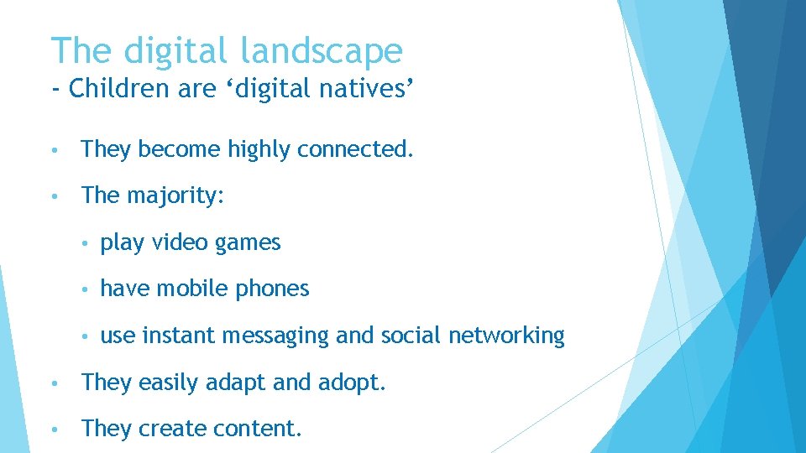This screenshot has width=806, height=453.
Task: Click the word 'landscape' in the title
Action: click(322, 52)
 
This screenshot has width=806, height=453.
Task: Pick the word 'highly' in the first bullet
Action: click(259, 150)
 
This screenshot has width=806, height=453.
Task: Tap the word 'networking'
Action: click(506, 336)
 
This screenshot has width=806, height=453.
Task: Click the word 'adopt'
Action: click(350, 383)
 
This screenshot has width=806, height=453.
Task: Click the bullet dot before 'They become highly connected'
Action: click(53, 151)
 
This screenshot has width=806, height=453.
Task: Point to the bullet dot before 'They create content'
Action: click(53, 430)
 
